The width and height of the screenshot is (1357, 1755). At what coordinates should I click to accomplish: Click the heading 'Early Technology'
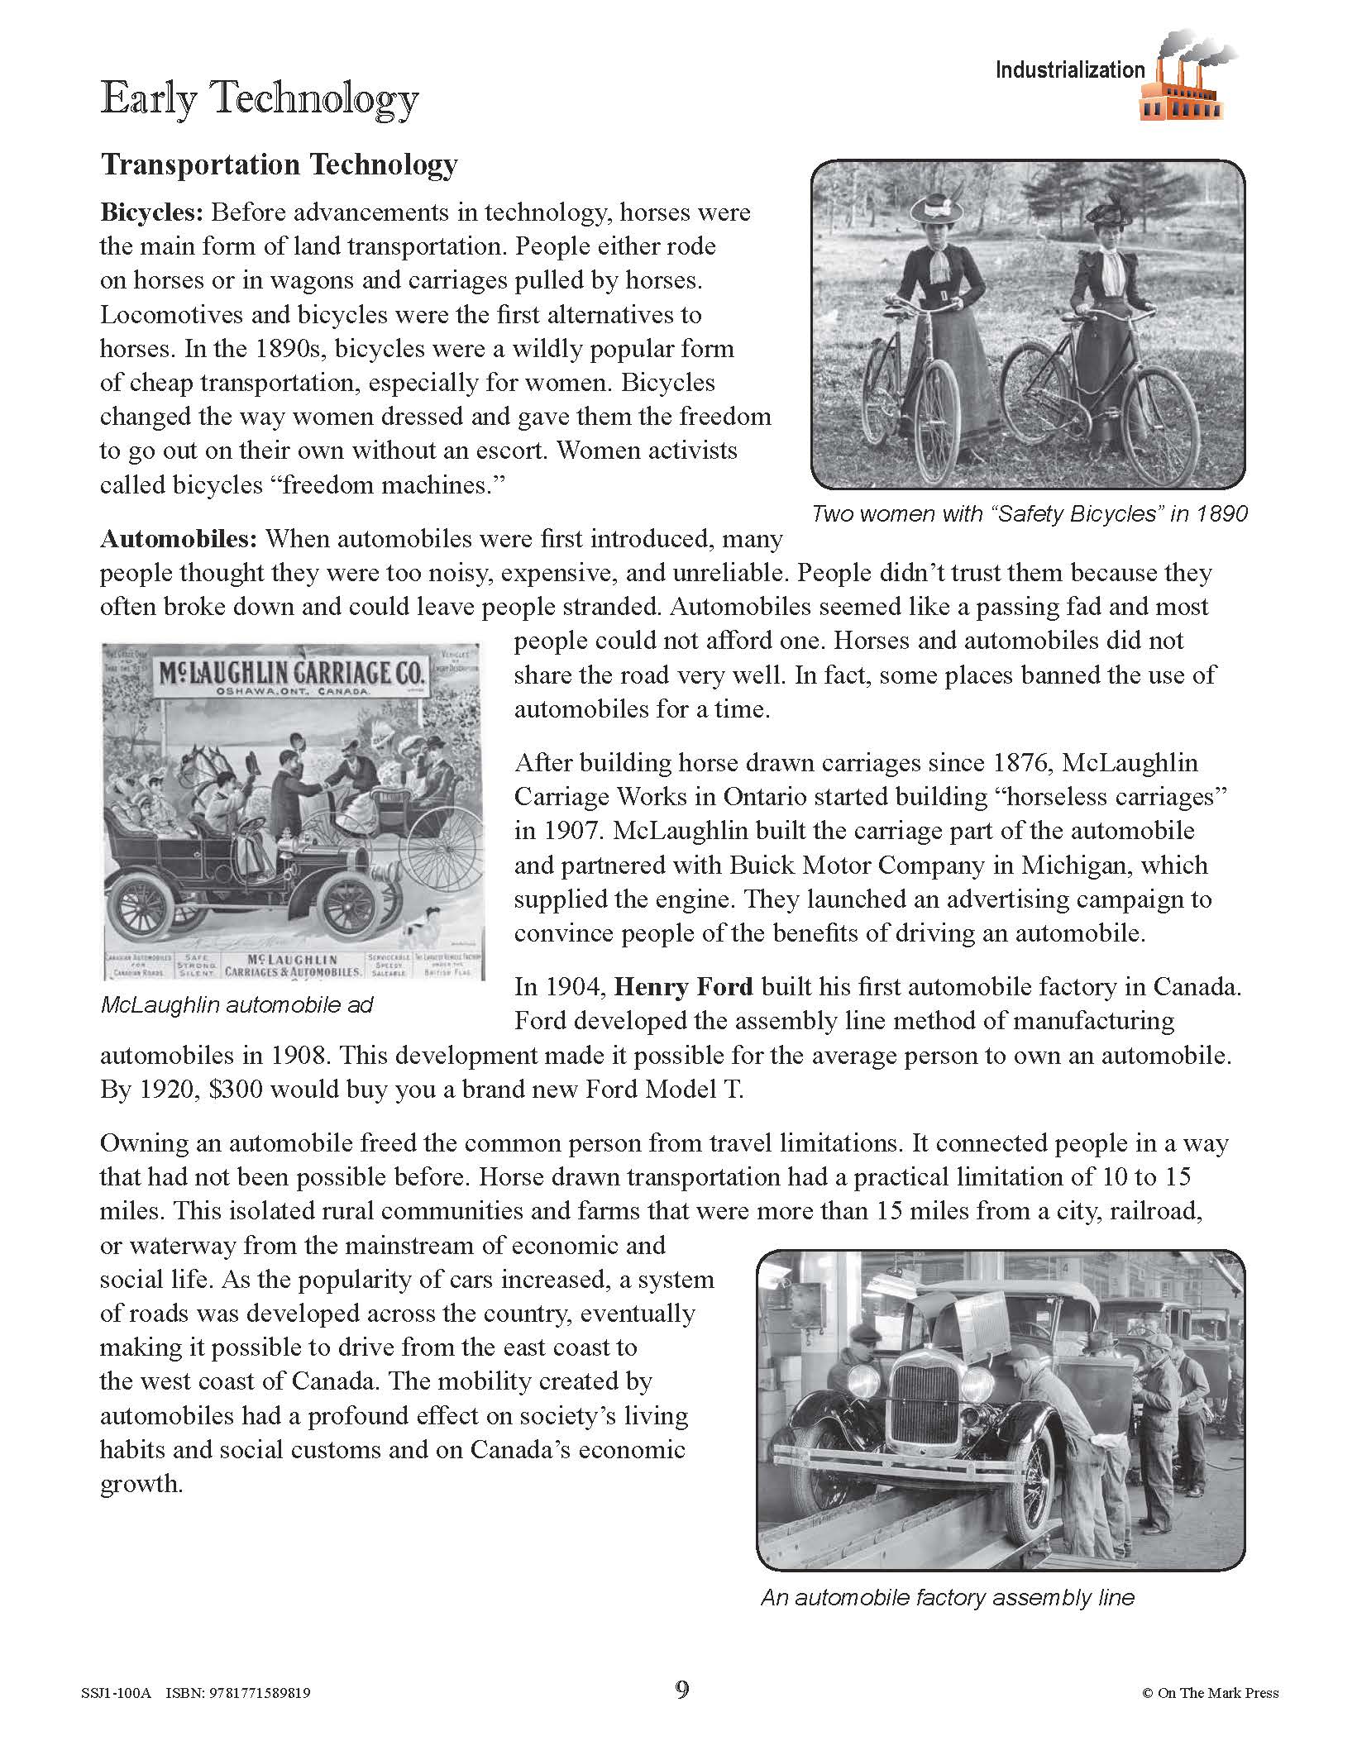[x=259, y=100]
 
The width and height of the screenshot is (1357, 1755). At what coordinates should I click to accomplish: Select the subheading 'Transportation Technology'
[x=279, y=165]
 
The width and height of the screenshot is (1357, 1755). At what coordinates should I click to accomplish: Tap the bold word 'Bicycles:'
[x=151, y=212]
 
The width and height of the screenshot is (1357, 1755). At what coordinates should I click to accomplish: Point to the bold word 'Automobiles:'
[x=179, y=539]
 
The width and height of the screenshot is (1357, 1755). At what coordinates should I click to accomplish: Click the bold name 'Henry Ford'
[x=684, y=986]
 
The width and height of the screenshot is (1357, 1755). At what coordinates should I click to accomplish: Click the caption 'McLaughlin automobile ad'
[x=237, y=1005]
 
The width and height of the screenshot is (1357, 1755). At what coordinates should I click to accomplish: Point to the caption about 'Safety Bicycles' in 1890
[x=1029, y=514]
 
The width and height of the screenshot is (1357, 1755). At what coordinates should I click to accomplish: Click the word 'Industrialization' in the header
[x=1069, y=71]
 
